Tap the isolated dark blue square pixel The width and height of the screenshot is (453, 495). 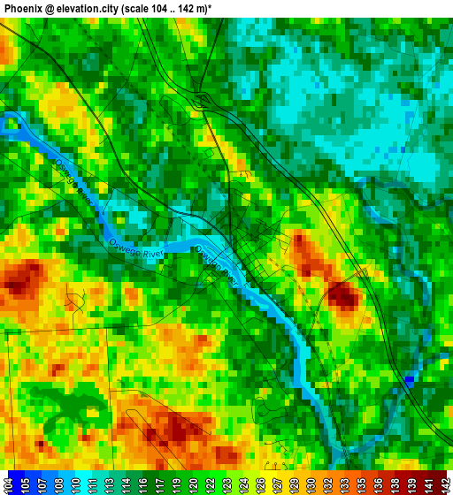(409, 380)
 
